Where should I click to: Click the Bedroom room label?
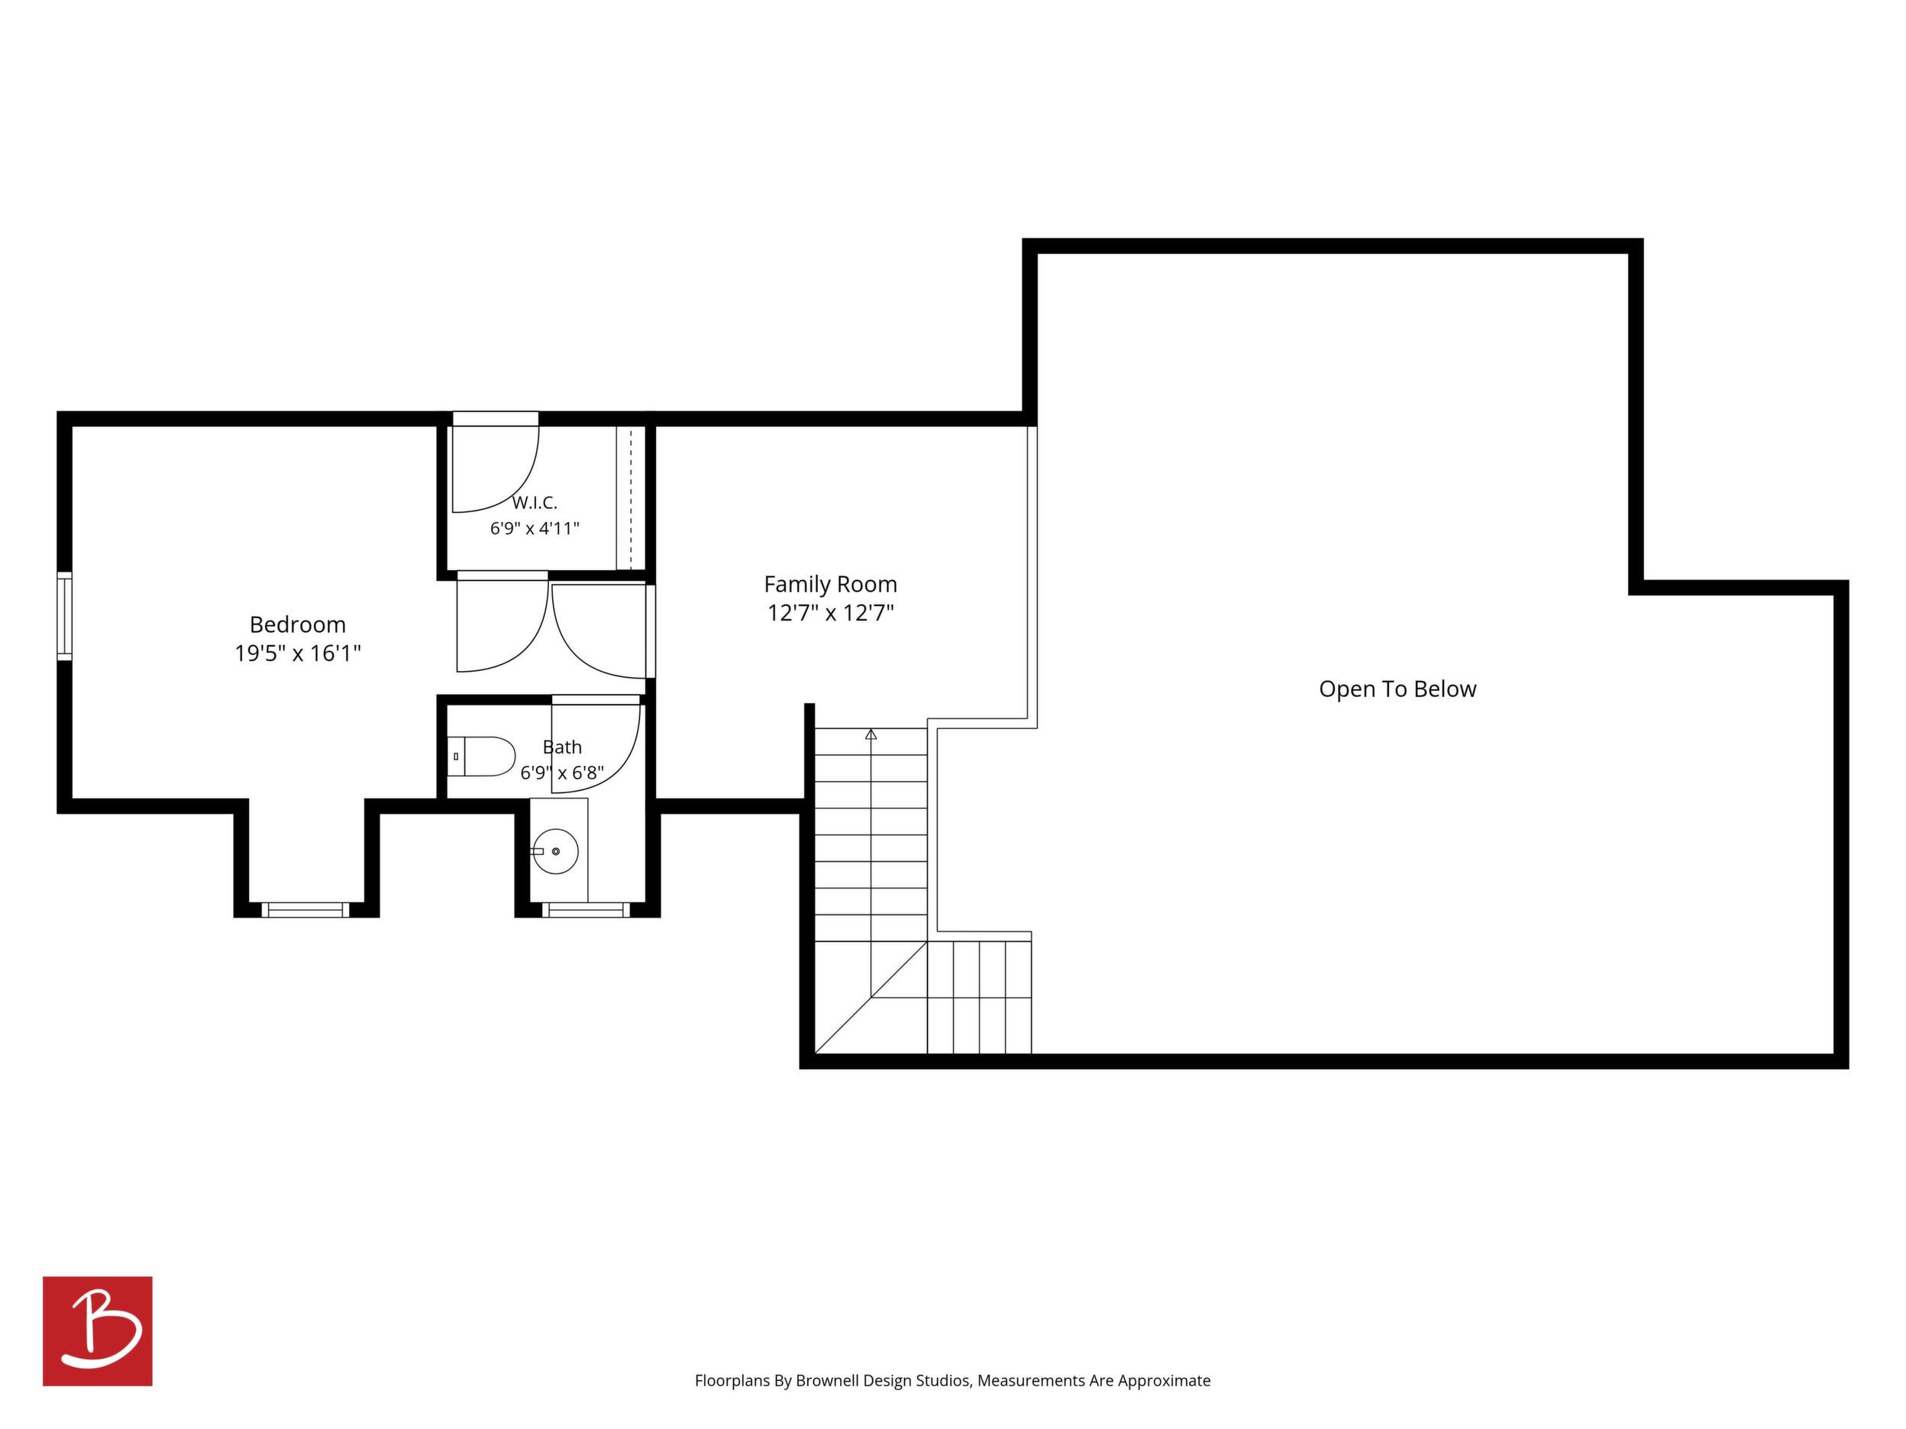[x=297, y=624]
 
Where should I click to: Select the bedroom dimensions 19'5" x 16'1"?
[x=297, y=653]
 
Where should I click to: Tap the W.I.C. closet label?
[x=535, y=502]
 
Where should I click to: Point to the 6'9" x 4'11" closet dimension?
[x=535, y=528]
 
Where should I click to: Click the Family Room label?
[x=831, y=585]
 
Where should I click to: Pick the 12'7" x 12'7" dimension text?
[x=831, y=613]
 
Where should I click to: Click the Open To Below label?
[x=1397, y=689]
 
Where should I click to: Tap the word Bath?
[x=562, y=747]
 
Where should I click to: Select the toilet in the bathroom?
[x=481, y=756]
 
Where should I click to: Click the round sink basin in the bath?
[x=556, y=851]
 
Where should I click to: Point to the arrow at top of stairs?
[x=871, y=734]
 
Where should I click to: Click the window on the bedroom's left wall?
[x=65, y=616]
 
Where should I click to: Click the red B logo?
[x=98, y=1331]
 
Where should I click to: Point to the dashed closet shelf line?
[x=631, y=498]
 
